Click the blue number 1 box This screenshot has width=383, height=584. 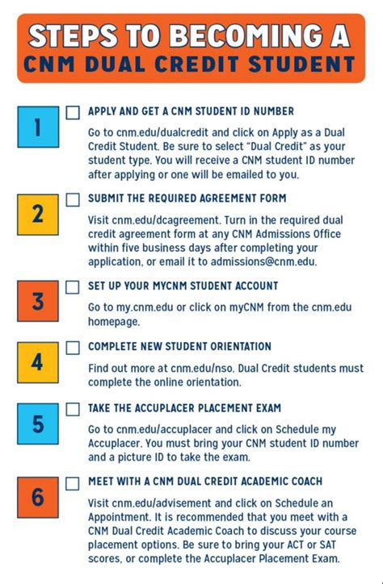pyautogui.click(x=38, y=128)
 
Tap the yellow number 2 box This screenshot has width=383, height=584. pyautogui.click(x=38, y=213)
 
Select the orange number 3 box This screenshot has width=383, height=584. pyautogui.click(x=38, y=302)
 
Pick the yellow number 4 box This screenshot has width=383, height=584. pyautogui.click(x=38, y=362)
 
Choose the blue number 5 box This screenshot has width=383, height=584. pyautogui.click(x=38, y=424)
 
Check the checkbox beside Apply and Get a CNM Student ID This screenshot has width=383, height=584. pyautogui.click(x=74, y=112)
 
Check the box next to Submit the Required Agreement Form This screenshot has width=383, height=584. pyautogui.click(x=74, y=198)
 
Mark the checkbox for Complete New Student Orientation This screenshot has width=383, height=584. pyautogui.click(x=74, y=348)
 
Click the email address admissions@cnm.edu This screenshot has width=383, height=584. pyautogui.click(x=263, y=261)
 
